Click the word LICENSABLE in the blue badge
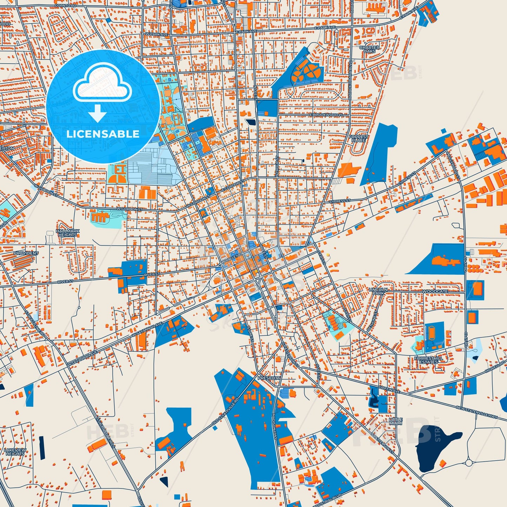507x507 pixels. click(103, 134)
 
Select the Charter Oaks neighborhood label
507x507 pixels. click(369, 49)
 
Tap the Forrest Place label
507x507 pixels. click(358, 139)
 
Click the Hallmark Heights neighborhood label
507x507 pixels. click(68, 233)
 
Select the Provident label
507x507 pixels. click(26, 253)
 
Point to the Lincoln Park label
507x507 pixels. click(378, 291)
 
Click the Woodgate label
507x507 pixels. click(435, 291)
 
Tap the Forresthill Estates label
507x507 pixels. click(428, 360)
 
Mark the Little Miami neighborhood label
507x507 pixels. click(395, 421)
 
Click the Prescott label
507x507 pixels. click(269, 378)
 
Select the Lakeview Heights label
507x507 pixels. click(15, 452)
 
